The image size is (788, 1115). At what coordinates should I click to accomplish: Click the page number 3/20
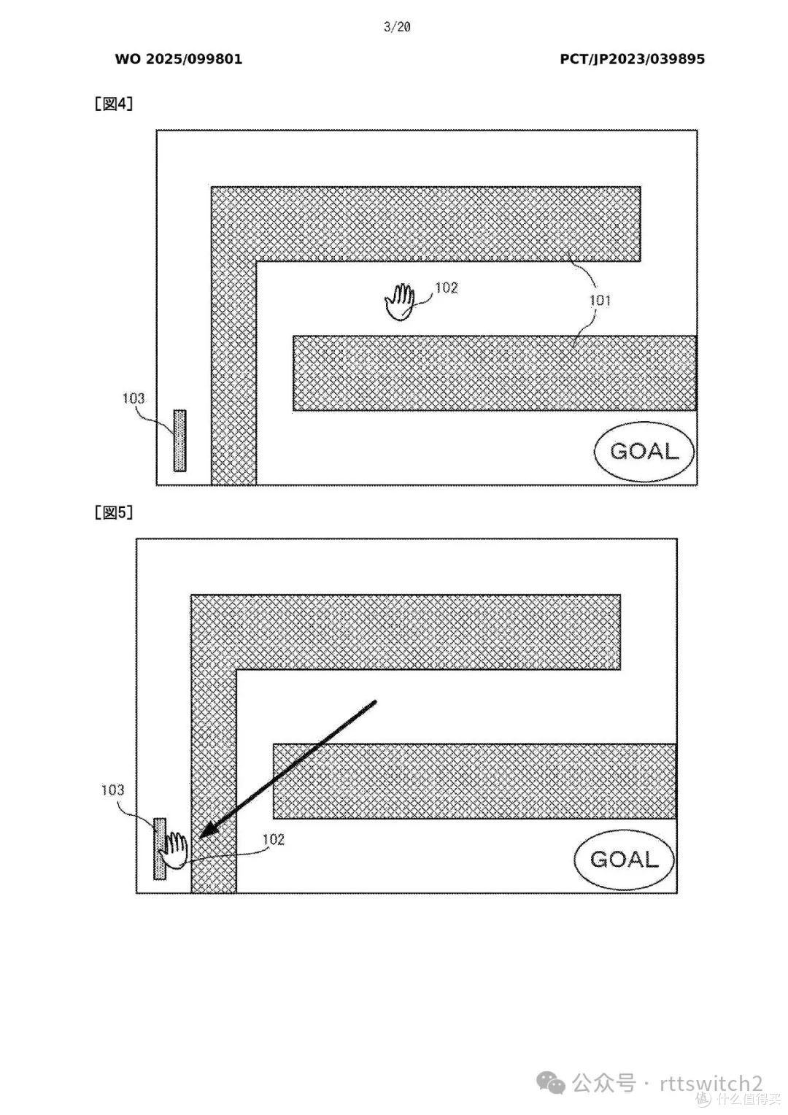pyautogui.click(x=397, y=27)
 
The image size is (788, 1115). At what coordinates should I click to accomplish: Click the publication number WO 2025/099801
pyautogui.click(x=179, y=59)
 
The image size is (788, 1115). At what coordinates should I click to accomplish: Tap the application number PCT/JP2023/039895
pyautogui.click(x=632, y=59)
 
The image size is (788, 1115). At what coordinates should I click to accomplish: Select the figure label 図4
pyautogui.click(x=114, y=104)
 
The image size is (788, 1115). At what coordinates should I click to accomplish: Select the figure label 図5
pyautogui.click(x=114, y=513)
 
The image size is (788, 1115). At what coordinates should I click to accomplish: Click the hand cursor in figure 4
pyautogui.click(x=399, y=302)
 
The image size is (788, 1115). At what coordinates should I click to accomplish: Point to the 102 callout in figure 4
pyautogui.click(x=446, y=288)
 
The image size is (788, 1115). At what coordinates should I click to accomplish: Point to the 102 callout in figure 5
pyautogui.click(x=274, y=840)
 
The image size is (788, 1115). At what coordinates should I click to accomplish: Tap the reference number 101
pyautogui.click(x=600, y=300)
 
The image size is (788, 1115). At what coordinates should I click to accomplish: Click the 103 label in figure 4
pyautogui.click(x=134, y=398)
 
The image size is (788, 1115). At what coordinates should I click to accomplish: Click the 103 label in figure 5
pyautogui.click(x=112, y=790)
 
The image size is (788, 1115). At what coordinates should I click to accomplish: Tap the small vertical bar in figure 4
pyautogui.click(x=179, y=441)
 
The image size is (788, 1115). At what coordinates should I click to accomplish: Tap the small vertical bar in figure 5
pyautogui.click(x=160, y=849)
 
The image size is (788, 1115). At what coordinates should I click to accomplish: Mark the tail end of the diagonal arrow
pyautogui.click(x=375, y=702)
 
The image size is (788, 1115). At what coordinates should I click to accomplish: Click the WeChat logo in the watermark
pyautogui.click(x=551, y=1083)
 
